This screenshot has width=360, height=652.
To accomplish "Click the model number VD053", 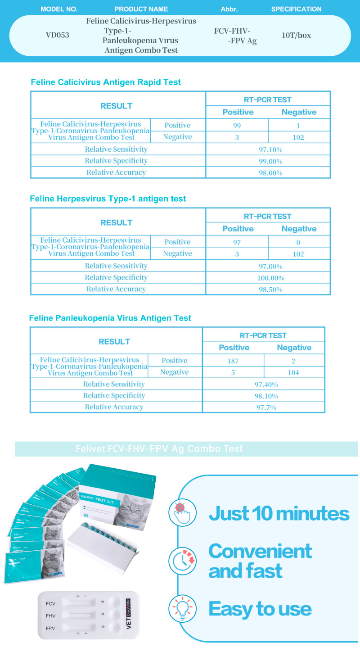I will tap(58, 35).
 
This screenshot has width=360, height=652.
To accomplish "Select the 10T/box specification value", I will tap(296, 35).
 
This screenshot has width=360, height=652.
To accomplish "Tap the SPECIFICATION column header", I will tap(296, 9).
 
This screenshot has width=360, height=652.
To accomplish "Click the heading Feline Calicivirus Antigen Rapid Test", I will tap(106, 82).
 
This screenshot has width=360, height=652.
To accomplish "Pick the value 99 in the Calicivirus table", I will tap(237, 126).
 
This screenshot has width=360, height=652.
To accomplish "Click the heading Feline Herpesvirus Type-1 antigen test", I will tap(108, 199).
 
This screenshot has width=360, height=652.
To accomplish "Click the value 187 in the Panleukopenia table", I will tap(233, 361).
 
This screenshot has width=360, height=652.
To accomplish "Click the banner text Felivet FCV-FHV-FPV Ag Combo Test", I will tap(160, 449).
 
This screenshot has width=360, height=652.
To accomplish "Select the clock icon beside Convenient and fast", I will tap(181, 561).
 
